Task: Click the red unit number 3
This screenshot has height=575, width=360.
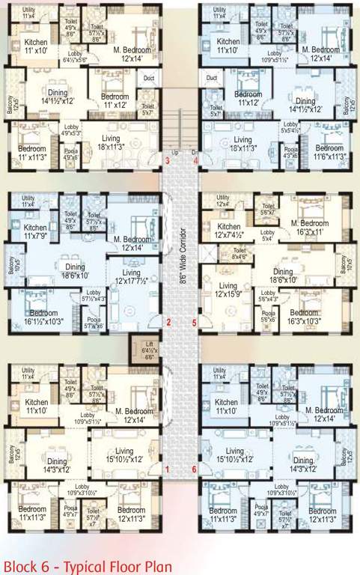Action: point(167,160)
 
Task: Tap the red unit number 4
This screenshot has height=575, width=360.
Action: point(195,160)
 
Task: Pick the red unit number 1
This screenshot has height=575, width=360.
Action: point(167,469)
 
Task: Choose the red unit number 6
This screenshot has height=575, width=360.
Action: point(195,469)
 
